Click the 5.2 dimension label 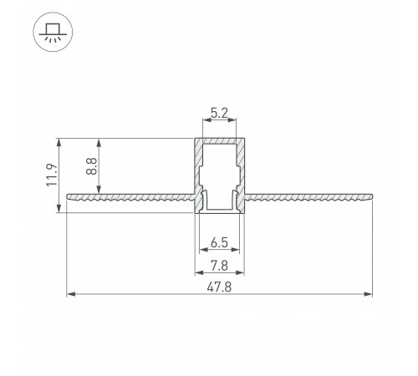(220, 110)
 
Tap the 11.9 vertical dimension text (51, 176)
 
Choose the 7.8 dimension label (220, 265)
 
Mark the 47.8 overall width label (220, 287)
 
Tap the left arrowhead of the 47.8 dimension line (70, 294)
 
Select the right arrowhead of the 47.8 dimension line (369, 294)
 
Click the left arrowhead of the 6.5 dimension (202, 250)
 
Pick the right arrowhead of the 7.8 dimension (243, 272)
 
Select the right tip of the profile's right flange (372, 198)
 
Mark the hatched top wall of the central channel (221, 140)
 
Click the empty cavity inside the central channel (221, 171)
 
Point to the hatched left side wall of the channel (199, 167)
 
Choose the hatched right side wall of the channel (242, 167)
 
